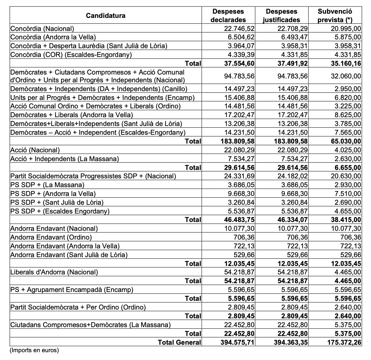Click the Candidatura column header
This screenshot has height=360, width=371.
(x=105, y=15)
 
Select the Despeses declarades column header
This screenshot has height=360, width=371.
(x=228, y=15)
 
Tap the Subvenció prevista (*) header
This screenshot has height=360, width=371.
(x=335, y=15)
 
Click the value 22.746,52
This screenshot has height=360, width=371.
(x=239, y=29)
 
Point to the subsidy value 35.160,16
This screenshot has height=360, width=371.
(x=344, y=63)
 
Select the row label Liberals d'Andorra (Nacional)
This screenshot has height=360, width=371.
(x=54, y=272)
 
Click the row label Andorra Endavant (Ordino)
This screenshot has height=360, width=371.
(x=51, y=237)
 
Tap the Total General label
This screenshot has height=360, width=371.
(x=180, y=342)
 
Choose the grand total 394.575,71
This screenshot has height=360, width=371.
(x=237, y=342)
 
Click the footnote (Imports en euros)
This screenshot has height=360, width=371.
(x=34, y=351)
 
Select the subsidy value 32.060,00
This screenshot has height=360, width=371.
(x=346, y=76)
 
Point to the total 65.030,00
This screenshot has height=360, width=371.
(x=344, y=141)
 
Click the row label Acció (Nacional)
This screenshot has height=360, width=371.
(x=35, y=150)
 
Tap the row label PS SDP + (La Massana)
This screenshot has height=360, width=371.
(x=48, y=185)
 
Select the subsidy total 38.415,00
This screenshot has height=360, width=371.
(x=344, y=220)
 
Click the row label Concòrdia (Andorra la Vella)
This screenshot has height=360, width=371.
(x=53, y=37)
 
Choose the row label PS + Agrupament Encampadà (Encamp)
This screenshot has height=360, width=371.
(x=72, y=290)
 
